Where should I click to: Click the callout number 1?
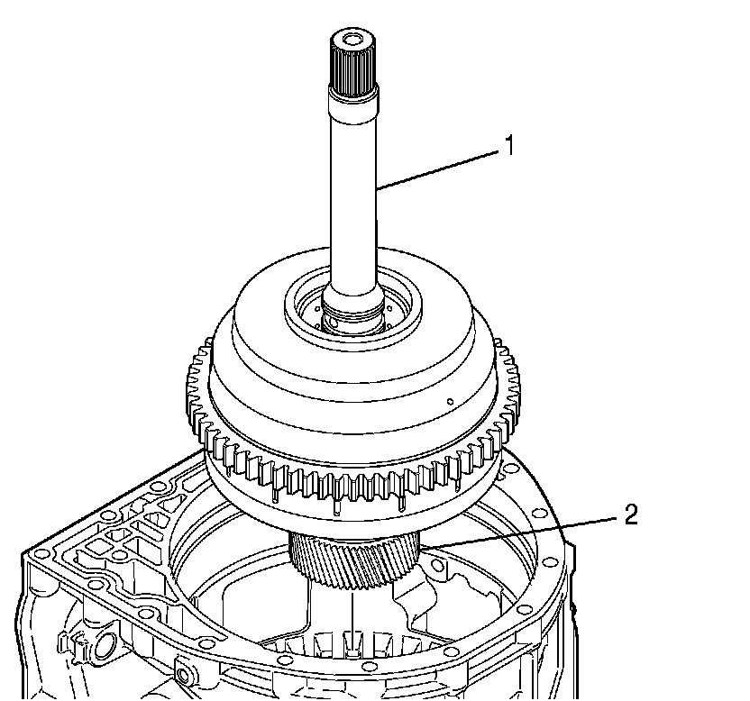(509, 145)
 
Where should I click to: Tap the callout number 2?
(630, 514)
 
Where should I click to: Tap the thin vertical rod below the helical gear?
(348, 622)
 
